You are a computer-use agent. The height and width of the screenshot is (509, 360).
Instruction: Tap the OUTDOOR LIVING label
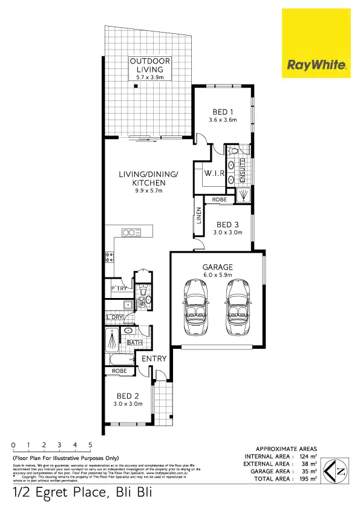(x=149, y=66)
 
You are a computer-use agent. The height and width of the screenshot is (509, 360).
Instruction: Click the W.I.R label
(x=215, y=173)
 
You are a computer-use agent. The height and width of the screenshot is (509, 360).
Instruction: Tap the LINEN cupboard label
(x=198, y=216)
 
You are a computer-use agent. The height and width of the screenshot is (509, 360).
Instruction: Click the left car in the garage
(x=197, y=305)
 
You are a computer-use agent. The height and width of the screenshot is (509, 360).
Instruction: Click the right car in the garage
(x=237, y=305)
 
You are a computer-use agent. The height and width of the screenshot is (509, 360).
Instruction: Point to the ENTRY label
(x=154, y=358)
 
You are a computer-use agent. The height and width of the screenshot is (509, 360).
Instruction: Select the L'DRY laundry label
(x=114, y=317)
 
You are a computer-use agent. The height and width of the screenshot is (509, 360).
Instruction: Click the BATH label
(x=134, y=343)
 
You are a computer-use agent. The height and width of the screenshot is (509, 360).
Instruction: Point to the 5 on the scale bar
(x=90, y=445)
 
